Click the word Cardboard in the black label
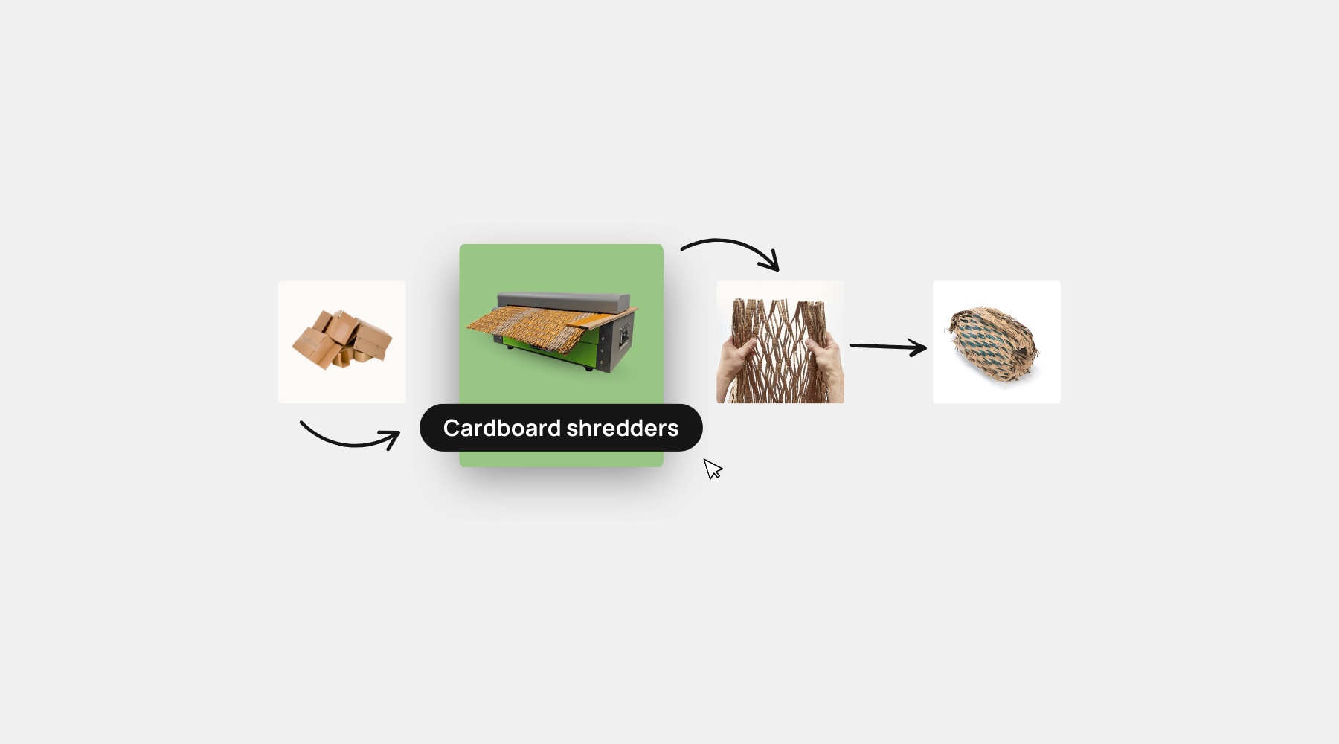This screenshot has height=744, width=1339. coord(501,428)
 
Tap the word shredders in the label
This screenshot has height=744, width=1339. coord(623,428)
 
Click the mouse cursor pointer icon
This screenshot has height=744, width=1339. coord(713,469)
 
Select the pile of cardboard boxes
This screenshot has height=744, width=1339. coord(342,339)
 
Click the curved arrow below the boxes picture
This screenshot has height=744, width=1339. coord(349,439)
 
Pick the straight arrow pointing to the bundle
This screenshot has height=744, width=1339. coord(888,347)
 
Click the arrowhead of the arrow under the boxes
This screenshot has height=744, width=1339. coord(390,438)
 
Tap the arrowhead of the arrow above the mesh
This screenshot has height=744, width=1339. coord(770,260)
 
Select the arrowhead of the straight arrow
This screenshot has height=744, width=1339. coord(916,347)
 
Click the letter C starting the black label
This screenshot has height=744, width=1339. coord(452,428)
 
